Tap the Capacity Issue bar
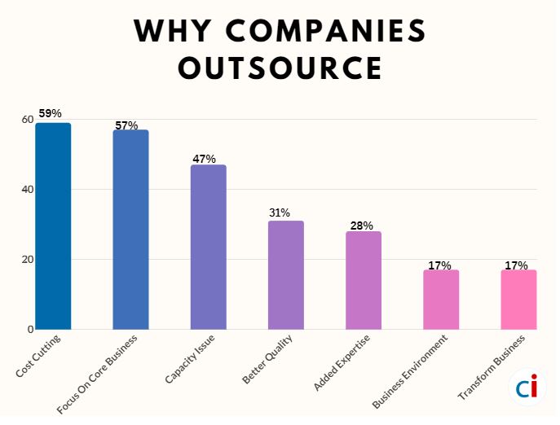[208, 248]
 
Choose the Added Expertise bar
[363, 281]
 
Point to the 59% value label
[51, 113]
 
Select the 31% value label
[280, 212]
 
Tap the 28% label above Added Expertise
[362, 226]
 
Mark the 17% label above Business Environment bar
[439, 265]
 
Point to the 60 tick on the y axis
[28, 120]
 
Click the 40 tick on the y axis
[28, 190]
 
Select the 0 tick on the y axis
[30, 330]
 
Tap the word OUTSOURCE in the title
[280, 68]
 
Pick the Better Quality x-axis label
[268, 360]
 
